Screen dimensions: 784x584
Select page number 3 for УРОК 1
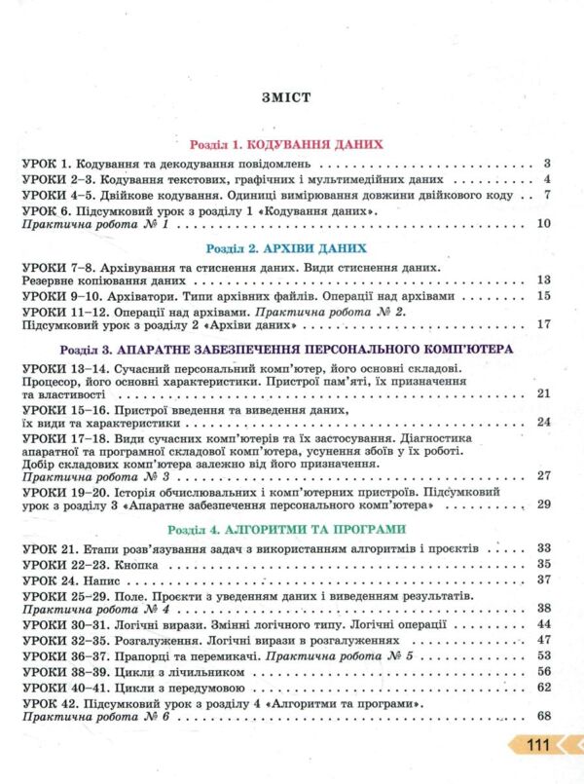tap(548, 163)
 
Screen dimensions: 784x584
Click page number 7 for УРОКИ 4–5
tap(548, 194)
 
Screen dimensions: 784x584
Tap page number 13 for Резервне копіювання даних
tap(544, 280)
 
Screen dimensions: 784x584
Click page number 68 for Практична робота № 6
tap(544, 718)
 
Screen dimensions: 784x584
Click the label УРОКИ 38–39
tap(57, 671)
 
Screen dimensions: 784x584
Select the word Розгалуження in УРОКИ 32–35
tap(160, 640)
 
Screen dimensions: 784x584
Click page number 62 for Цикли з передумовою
tap(544, 687)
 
